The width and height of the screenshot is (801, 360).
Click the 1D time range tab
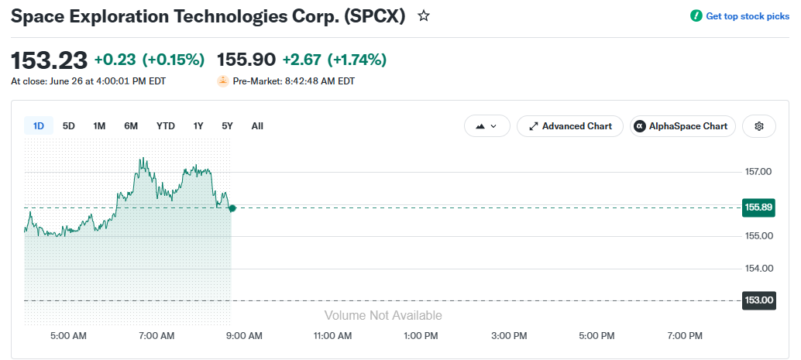(x=38, y=126)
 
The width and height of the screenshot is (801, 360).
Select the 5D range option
(x=68, y=126)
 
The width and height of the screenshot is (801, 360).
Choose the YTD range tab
(x=166, y=126)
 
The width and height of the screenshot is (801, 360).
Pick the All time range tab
(x=257, y=126)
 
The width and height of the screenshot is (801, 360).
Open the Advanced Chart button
(x=570, y=126)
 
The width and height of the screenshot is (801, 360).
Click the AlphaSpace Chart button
(x=682, y=126)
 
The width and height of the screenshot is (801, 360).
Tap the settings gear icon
(x=759, y=126)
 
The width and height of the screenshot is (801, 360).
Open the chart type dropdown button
(x=486, y=126)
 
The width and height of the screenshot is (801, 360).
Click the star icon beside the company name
(x=424, y=15)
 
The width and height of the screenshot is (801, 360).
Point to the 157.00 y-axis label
(x=758, y=172)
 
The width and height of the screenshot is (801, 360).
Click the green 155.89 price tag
(x=758, y=207)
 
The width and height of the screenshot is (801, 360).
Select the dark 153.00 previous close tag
(x=758, y=300)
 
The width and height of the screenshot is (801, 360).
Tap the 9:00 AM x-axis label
(x=245, y=336)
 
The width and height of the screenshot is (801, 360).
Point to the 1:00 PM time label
(x=421, y=336)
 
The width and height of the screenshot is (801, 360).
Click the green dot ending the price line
(x=232, y=207)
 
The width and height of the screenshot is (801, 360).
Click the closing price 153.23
(x=49, y=60)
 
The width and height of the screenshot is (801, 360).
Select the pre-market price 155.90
(x=246, y=60)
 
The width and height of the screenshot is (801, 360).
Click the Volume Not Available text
(x=383, y=316)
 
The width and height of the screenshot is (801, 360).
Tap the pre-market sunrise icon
(x=223, y=81)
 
